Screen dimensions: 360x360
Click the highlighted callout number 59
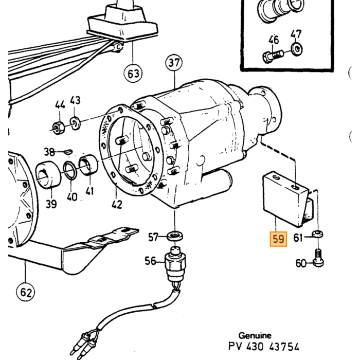(x=278, y=239)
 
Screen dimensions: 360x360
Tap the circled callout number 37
(x=174, y=63)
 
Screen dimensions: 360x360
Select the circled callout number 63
(x=133, y=74)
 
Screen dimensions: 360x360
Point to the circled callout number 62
(x=26, y=292)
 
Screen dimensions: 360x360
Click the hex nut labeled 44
(x=58, y=128)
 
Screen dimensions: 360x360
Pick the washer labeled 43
(x=75, y=123)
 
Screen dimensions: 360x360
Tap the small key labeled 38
(x=68, y=152)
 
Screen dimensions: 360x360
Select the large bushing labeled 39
(x=48, y=175)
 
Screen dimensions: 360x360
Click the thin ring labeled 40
(x=70, y=170)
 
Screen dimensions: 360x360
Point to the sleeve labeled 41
(x=88, y=165)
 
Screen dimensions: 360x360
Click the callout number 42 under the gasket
(x=117, y=204)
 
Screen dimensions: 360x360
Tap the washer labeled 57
(x=175, y=236)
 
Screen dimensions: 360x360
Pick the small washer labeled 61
(x=317, y=234)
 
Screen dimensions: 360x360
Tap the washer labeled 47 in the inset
(x=297, y=49)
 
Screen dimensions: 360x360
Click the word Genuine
(x=255, y=336)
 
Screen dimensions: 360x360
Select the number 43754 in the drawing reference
(x=284, y=347)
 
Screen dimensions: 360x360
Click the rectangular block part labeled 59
(x=288, y=199)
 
